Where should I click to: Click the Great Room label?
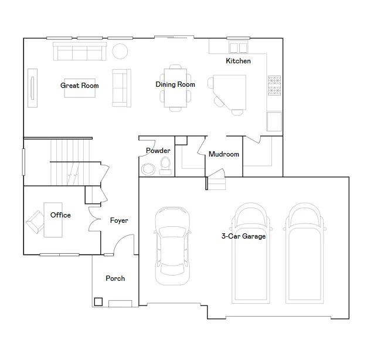79,86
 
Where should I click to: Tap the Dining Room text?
175,84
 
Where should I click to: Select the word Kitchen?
238,61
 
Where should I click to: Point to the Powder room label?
158,151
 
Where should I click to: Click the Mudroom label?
224,154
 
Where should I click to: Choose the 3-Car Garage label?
243,236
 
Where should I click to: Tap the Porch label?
115,279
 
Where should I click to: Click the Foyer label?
119,220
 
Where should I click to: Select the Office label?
60,215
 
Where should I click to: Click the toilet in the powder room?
165,166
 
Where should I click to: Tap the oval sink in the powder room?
148,169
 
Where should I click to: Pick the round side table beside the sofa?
120,51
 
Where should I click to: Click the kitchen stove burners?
274,85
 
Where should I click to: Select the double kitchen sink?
238,47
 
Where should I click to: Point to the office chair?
35,222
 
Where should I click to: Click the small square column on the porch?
98,302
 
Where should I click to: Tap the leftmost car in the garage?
173,246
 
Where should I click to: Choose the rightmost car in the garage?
304,253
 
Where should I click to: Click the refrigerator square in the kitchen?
274,121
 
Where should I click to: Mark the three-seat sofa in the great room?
80,51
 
